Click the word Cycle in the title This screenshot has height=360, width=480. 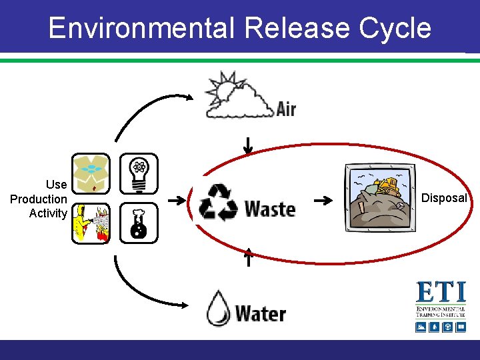395,29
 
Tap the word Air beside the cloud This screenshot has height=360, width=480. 285,109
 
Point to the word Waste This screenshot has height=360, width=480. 270,209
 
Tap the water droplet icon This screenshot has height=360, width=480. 218,308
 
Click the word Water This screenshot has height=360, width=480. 260,313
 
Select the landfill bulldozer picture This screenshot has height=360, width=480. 376,198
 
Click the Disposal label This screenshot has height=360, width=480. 443,198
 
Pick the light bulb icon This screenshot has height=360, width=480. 139,173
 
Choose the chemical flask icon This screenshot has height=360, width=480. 139,223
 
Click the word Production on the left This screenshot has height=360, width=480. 39,199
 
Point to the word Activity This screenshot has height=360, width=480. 47,213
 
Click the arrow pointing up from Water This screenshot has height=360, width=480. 248,256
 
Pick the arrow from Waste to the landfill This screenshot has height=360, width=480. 324,200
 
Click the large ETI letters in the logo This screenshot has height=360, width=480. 441,293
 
